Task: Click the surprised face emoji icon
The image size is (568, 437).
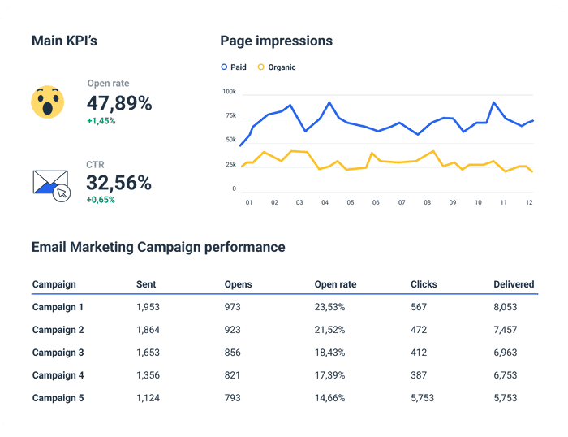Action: [48, 102]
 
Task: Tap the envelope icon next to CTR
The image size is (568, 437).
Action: [51, 185]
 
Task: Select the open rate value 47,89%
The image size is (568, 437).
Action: [119, 103]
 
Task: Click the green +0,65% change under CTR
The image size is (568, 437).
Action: [101, 200]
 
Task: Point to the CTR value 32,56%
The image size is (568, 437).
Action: [119, 183]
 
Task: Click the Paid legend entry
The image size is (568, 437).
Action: [234, 67]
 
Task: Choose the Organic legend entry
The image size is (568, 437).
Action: [277, 67]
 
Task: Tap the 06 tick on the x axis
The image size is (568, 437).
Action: [376, 202]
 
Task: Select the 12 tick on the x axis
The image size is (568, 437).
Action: [529, 202]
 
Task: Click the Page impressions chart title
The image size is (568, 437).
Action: [276, 41]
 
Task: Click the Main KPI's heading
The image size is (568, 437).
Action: [64, 41]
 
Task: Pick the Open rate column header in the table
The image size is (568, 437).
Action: [335, 284]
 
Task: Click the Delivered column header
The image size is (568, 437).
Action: [514, 284]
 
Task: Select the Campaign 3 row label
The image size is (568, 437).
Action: [58, 353]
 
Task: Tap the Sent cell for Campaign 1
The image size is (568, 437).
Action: [149, 307]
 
